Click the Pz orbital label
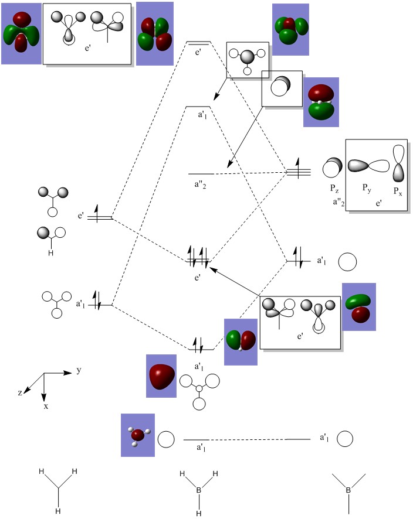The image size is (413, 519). point(334,189)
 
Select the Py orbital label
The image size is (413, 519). point(367,189)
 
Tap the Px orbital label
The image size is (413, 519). point(398,191)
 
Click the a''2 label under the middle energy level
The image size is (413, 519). point(200,185)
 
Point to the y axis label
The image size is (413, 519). point(79,370)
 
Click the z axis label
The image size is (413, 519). point(20,392)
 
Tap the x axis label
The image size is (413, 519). point(46,406)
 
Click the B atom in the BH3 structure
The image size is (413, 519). point(198,490)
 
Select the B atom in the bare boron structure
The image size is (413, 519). point(348,490)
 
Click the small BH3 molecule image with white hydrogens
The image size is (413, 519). point(137,435)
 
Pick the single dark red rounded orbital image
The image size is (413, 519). point(161,376)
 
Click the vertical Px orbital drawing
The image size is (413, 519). point(398,163)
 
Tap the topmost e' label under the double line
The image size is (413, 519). point(198,52)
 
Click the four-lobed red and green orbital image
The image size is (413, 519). point(155,33)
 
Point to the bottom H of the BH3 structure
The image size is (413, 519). point(198,513)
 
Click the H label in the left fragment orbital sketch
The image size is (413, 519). point(50,253)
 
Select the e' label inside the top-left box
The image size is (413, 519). point(88,48)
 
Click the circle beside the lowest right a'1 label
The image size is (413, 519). point(345,439)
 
